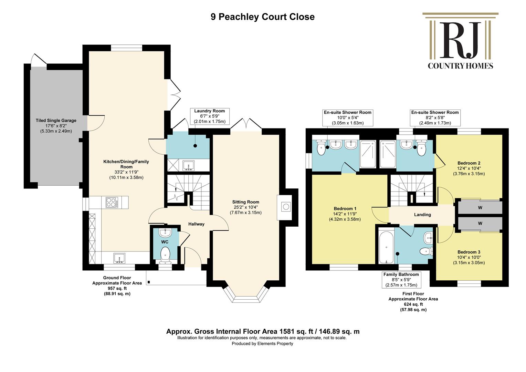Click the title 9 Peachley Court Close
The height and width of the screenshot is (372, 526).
pos(263,17)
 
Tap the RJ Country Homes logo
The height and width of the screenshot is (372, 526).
pos(460,41)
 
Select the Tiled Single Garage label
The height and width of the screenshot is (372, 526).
pos(56,121)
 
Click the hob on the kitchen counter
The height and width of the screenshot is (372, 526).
pos(112,202)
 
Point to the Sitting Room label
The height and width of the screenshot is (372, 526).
pos(246,202)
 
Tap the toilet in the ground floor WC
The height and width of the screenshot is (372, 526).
pos(165,255)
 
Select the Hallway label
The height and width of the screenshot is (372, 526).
pos(196,224)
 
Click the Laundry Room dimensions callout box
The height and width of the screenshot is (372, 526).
pos(209,116)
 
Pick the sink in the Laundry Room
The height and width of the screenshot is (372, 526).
pos(188,166)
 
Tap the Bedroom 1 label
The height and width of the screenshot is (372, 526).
pos(345,209)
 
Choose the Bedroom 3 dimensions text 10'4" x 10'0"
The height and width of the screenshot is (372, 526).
pos(469,258)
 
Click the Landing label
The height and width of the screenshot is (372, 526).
pos(422,215)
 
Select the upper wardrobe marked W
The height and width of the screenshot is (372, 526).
pos(480,207)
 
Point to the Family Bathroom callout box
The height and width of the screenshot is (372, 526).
pos(401,280)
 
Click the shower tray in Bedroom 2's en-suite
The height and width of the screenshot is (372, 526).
pos(388,154)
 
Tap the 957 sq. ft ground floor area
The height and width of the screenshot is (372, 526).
pos(117,288)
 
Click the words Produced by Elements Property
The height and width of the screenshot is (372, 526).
pos(262,343)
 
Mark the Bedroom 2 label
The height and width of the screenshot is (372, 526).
pos(469,163)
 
